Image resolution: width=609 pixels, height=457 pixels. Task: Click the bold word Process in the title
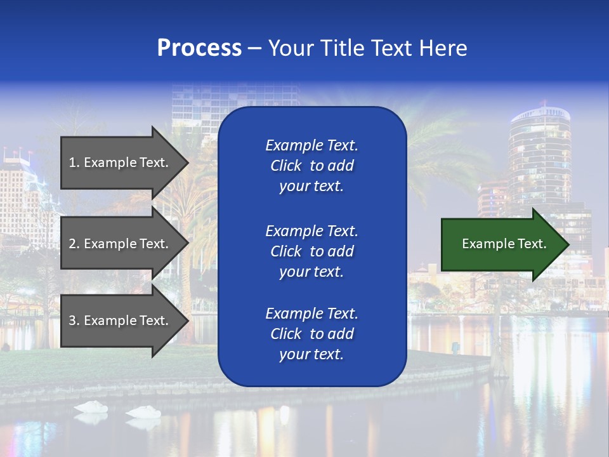click(199, 48)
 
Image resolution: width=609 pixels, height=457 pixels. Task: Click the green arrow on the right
click(501, 244)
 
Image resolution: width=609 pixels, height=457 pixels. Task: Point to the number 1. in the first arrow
click(74, 162)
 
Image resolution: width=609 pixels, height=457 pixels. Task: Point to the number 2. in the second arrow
click(74, 244)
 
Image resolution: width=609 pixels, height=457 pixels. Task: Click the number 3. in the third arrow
click(74, 321)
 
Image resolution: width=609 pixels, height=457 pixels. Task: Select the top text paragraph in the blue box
click(311, 166)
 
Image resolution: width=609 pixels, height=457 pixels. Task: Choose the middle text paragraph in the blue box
click(311, 251)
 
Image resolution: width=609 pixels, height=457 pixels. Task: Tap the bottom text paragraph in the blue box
click(311, 334)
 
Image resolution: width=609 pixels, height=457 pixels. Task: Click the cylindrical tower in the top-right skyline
click(539, 149)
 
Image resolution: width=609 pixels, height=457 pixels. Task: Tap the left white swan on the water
click(91, 407)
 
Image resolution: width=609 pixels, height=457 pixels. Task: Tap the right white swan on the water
click(143, 412)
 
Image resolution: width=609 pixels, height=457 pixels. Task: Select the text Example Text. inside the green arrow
click(504, 244)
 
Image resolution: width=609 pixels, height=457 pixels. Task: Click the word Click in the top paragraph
click(286, 166)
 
